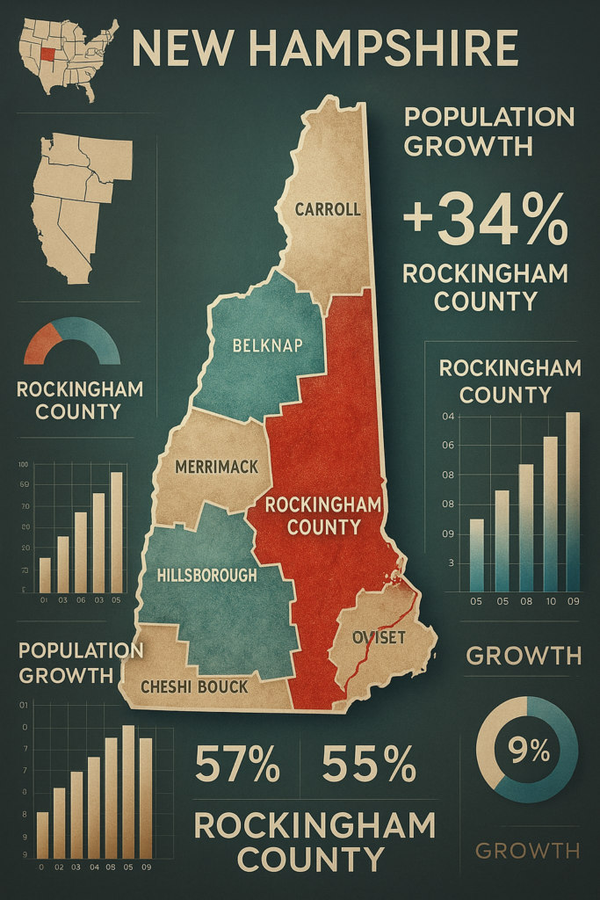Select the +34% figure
tap(486, 221)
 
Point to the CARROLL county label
tap(328, 209)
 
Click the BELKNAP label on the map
tap(266, 345)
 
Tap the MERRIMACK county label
tap(217, 467)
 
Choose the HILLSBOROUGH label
tap(206, 576)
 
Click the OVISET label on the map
tap(379, 637)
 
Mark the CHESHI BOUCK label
tap(195, 686)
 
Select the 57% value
tap(236, 764)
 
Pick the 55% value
tap(369, 764)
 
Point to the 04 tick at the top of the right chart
tap(447, 416)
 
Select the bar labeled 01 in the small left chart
tap(45, 575)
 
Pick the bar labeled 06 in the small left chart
tap(80, 552)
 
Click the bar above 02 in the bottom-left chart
tap(60, 823)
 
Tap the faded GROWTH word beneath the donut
tap(527, 850)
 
